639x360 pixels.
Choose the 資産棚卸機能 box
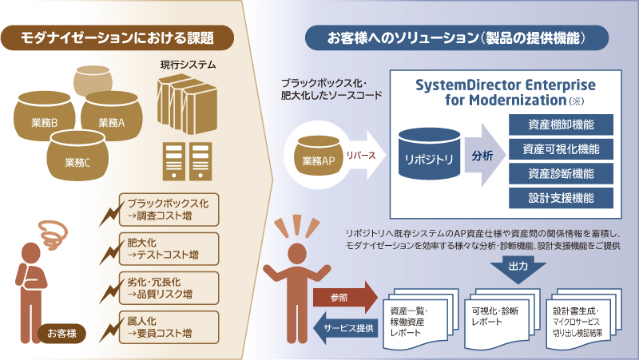point(560,126)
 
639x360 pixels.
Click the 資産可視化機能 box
point(560,150)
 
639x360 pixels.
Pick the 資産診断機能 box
point(560,174)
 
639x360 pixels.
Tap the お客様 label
point(62,331)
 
